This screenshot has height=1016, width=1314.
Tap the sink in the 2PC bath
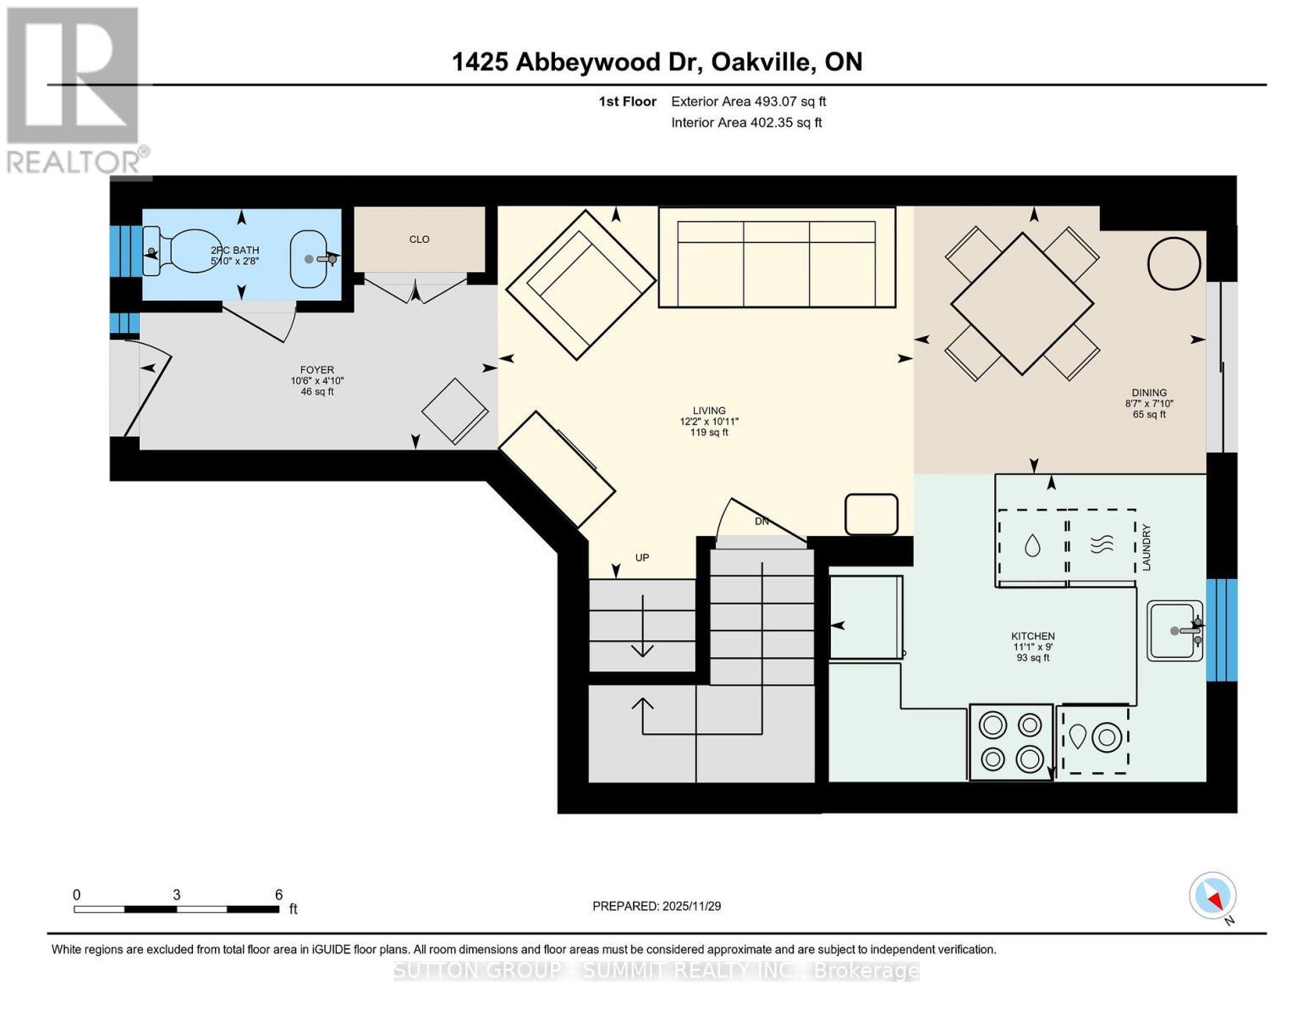point(311,257)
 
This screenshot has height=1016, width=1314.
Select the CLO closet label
point(419,240)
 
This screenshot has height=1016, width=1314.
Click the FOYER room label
point(316,370)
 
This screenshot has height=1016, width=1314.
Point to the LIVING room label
point(709,411)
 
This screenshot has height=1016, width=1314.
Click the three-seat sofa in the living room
point(776,257)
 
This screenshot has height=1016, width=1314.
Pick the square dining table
point(1021,303)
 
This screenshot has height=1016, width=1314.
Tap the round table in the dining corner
point(1174,263)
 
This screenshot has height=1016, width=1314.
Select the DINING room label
point(1149,393)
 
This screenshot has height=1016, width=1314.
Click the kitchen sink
point(1174,631)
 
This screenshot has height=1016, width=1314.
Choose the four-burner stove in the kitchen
point(1011,742)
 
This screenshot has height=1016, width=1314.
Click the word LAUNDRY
point(1146,547)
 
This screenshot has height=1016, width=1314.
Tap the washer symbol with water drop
point(1031,546)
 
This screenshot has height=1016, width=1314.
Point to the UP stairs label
point(642,558)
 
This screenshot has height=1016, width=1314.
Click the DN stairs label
point(761,522)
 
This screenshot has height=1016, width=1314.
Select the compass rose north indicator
point(1212,896)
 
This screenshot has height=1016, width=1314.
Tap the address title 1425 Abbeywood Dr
point(657,62)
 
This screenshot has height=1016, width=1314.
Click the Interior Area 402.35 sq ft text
point(746,123)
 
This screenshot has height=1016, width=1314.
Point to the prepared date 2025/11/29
point(657,906)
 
